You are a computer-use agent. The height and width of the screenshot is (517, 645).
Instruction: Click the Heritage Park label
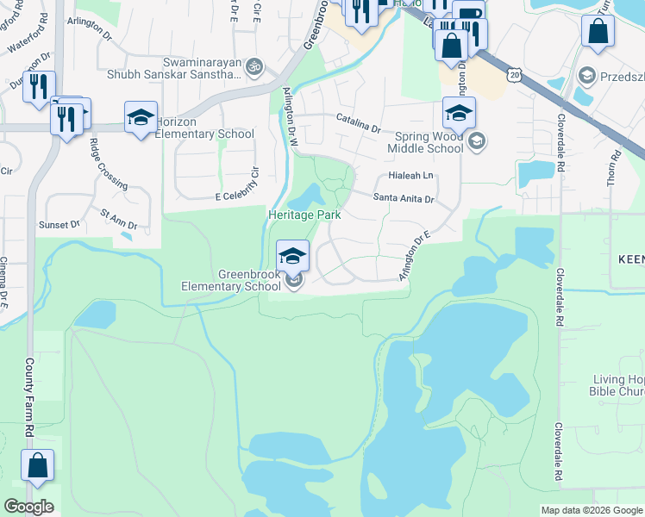tap(304, 215)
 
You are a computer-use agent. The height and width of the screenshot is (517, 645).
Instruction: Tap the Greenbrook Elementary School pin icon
tap(292, 255)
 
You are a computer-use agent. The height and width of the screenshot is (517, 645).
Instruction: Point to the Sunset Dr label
tap(58, 224)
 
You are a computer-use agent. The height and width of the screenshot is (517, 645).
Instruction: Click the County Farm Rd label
tap(29, 396)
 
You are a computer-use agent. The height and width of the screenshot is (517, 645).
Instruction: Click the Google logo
tap(28, 507)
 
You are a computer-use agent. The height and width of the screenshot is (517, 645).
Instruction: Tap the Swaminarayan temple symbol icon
tap(254, 65)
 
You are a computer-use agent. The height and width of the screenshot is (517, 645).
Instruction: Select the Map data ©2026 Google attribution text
tap(592, 510)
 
